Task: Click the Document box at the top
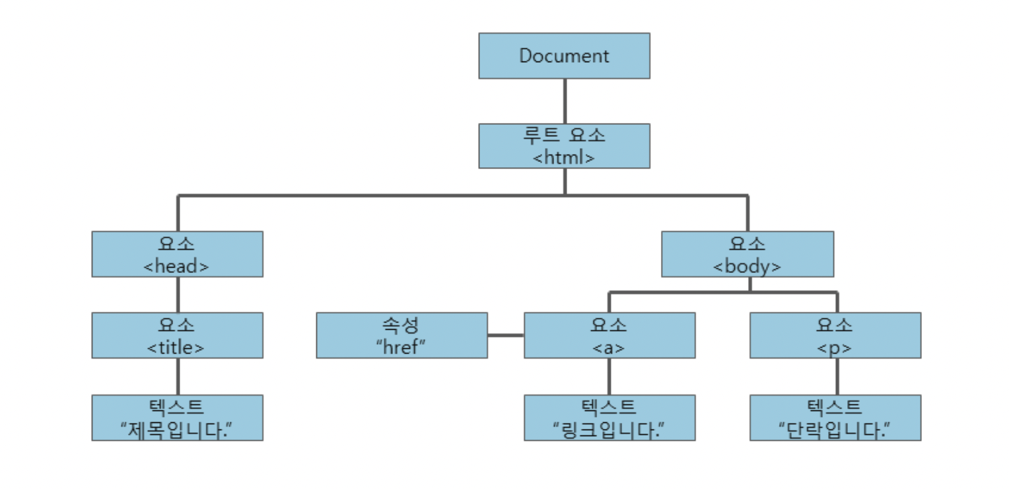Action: coord(564,56)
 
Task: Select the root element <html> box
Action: coord(564,146)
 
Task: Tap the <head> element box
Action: coord(177,254)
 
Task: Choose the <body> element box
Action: coord(747,254)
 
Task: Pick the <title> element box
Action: coord(177,336)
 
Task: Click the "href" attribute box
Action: coord(401,336)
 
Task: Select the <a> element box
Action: coord(609,336)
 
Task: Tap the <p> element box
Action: coord(835,336)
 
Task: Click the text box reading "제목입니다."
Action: coord(177,418)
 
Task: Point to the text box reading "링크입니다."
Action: coord(609,418)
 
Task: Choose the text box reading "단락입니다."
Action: coord(835,418)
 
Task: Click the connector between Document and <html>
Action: coord(565,101)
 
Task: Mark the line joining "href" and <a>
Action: coord(506,336)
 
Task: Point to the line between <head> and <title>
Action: coord(178,295)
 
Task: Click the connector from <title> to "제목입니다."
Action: coord(178,377)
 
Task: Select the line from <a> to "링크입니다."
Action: coord(609,377)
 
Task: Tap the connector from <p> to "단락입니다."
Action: coord(837,377)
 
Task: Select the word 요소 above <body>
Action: coord(747,244)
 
